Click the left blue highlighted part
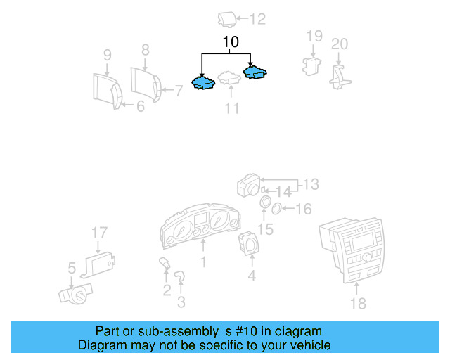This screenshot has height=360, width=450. tap(204, 84)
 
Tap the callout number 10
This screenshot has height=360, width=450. tap(231, 42)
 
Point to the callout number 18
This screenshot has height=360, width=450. tap(358, 303)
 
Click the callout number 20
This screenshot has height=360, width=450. tap(339, 44)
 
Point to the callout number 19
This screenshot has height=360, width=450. tap(314, 36)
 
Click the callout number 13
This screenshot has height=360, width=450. tap(310, 184)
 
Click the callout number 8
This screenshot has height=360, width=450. tap(146, 50)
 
